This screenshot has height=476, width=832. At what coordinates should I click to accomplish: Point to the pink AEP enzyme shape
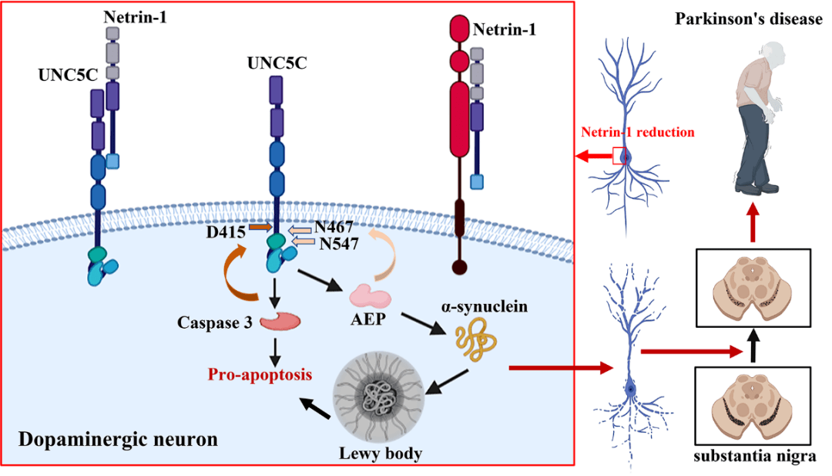point(370,297)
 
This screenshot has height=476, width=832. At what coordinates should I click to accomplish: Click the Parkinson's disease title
point(749,19)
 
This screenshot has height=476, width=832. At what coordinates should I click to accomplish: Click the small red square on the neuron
point(619,157)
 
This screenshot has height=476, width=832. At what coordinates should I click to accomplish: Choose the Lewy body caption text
point(381,453)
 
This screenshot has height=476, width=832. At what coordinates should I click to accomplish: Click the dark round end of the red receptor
point(460,268)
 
